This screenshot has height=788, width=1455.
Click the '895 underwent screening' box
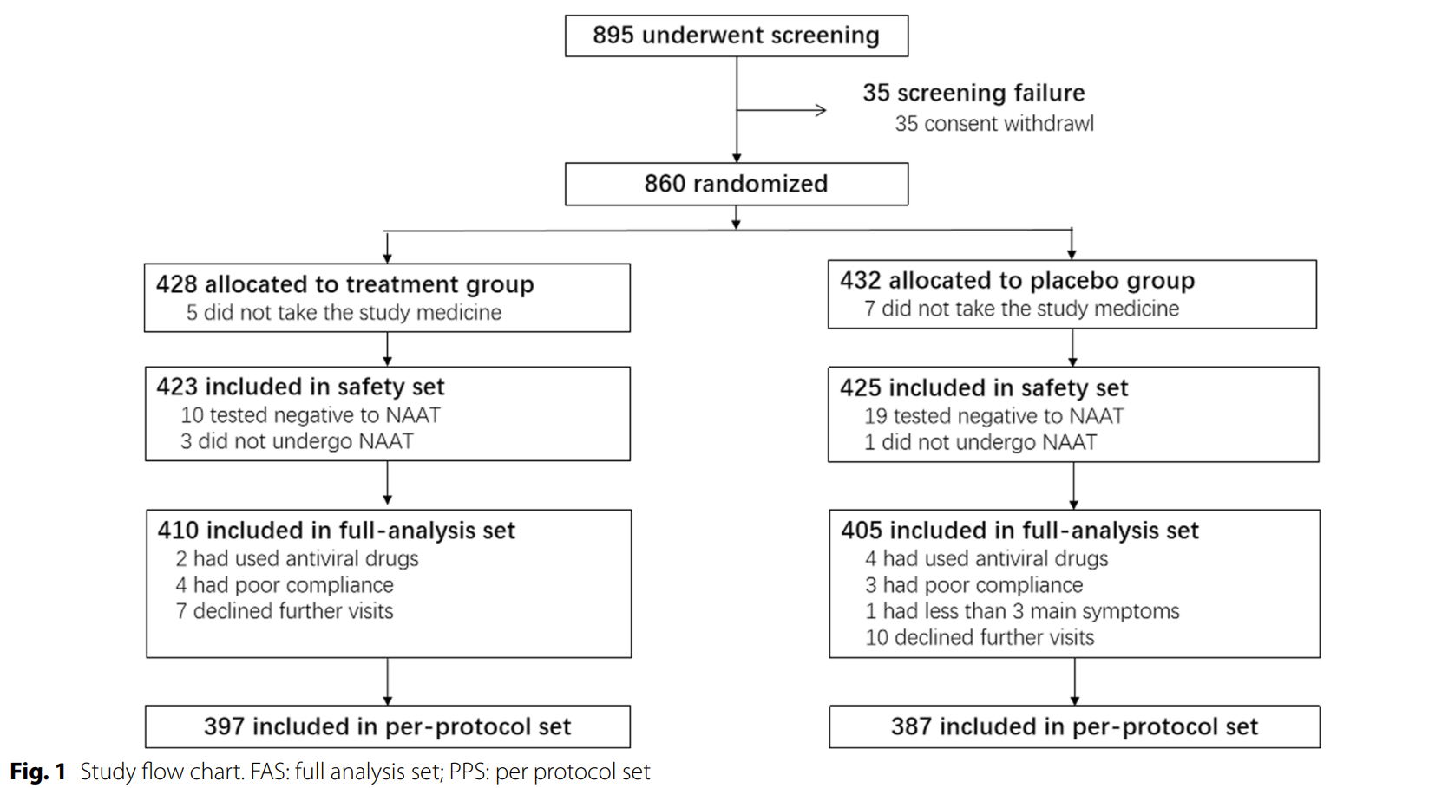pos(737,36)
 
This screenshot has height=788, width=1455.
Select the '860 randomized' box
pos(737,184)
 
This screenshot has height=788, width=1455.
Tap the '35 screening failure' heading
pos(973,93)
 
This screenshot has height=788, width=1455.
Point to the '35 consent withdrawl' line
pos(993,123)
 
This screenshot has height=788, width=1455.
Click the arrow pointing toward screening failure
pos(782,110)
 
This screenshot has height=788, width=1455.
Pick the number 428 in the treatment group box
pos(176,284)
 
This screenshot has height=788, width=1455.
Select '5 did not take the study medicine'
pos(344,312)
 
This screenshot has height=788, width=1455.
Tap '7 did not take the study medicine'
pos(1021,309)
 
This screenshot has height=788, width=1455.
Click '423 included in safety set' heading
pos(300,387)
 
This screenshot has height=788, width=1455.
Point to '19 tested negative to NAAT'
pos(993,415)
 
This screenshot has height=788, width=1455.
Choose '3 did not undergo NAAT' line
pos(297,441)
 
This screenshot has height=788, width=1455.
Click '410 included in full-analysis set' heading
pos(337,531)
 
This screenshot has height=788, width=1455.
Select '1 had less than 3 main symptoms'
pos(1022,611)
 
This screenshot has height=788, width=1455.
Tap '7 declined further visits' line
pos(285,611)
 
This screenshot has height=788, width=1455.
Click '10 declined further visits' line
pos(980,637)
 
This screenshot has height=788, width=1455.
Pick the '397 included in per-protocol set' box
pos(388,726)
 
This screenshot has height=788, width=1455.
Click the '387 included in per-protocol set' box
pos(1074,726)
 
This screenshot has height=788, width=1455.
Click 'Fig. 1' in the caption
pos(37,772)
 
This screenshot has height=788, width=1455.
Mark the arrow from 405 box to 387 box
pos(1074,681)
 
